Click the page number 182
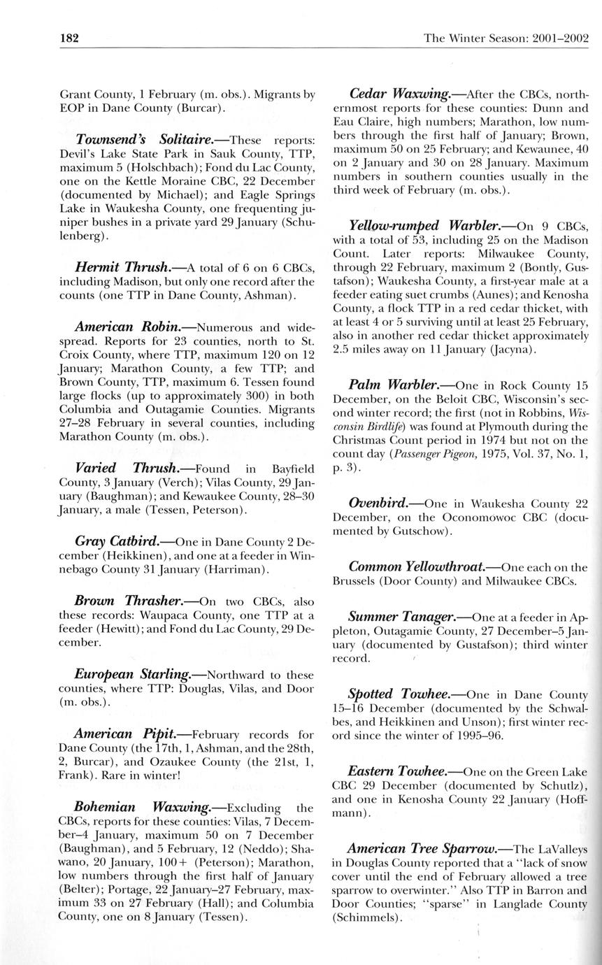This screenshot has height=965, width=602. pos(69,38)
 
